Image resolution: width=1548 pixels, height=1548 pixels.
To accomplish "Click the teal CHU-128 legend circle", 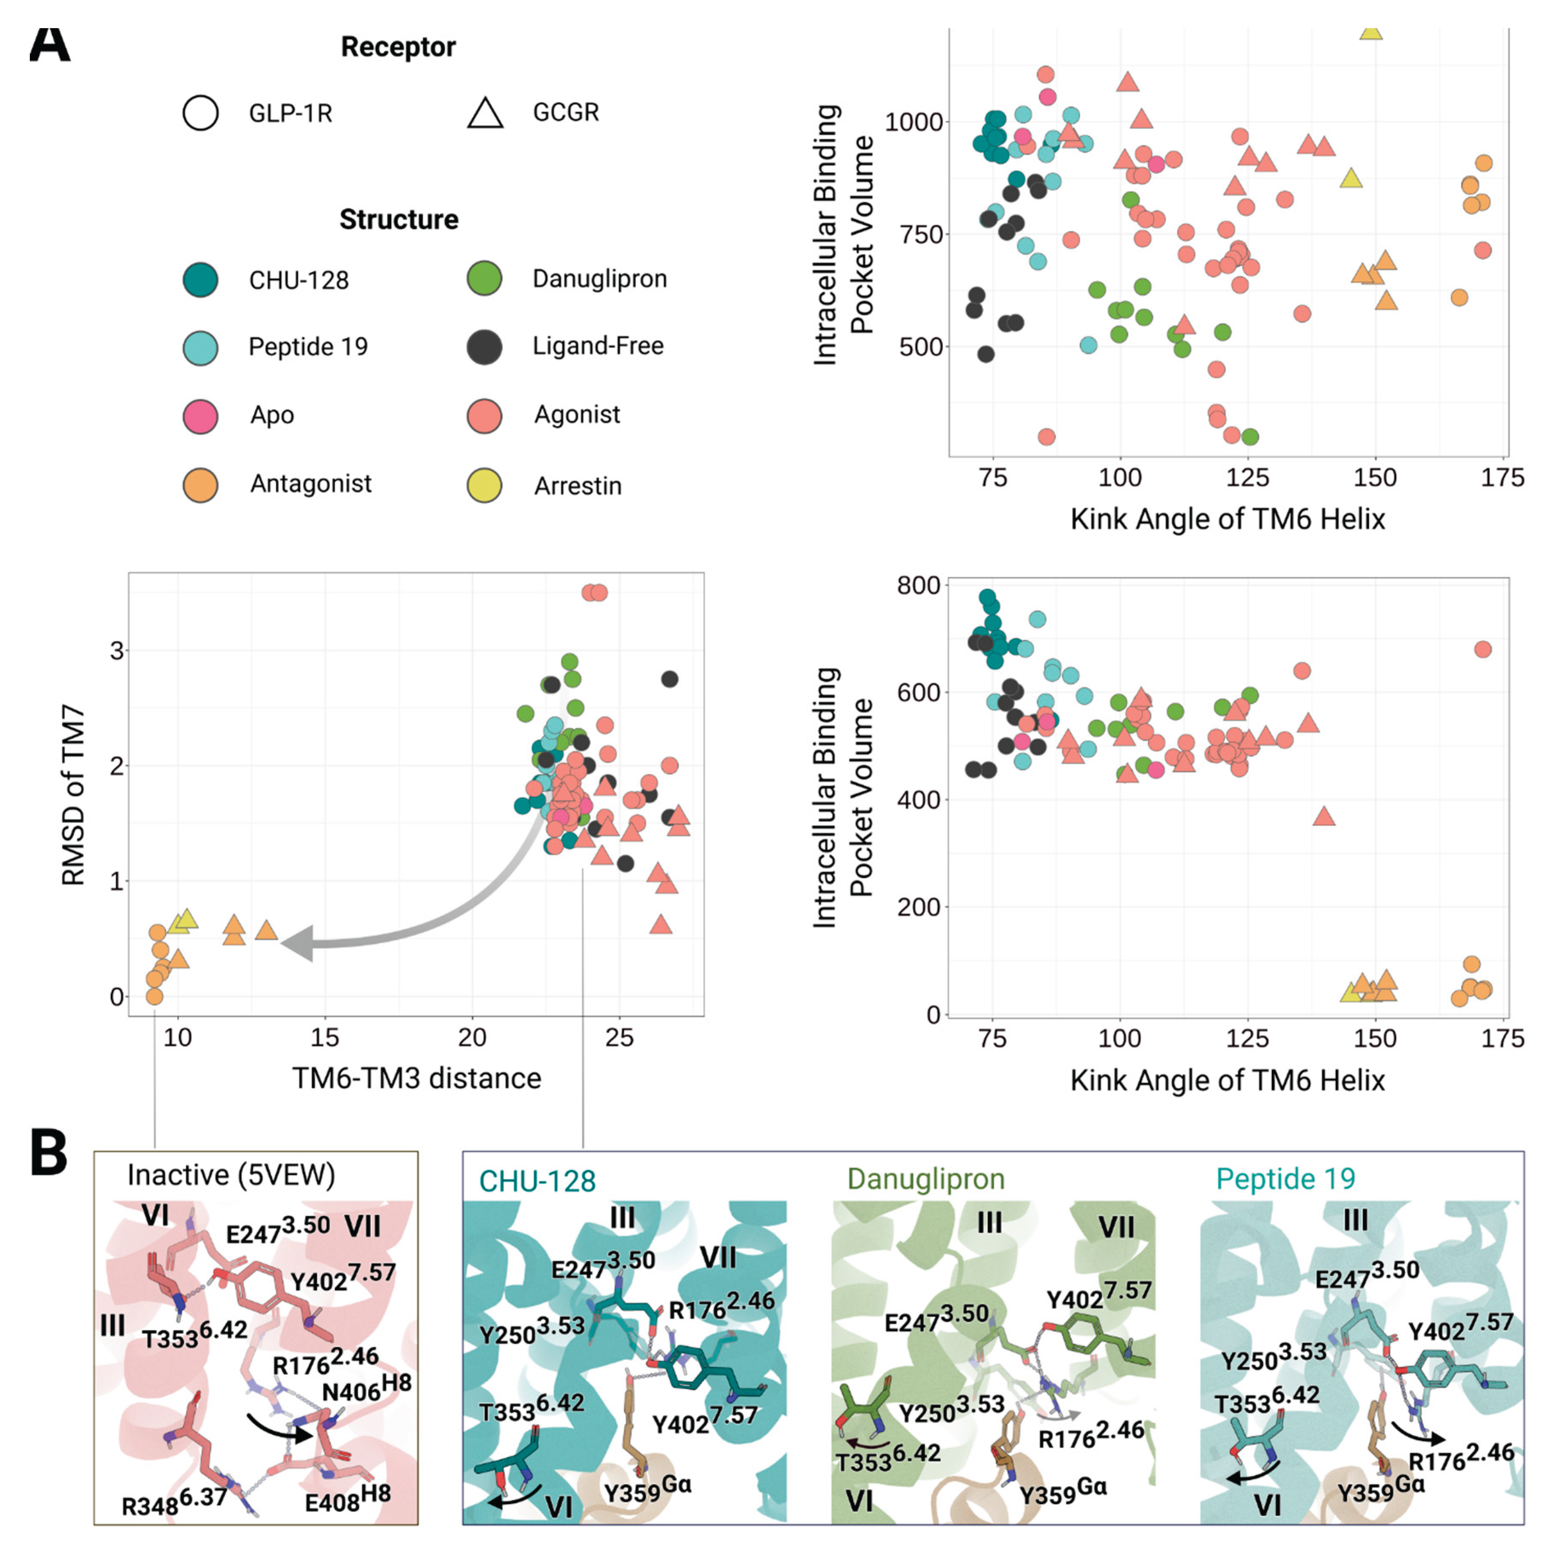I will pyautogui.click(x=200, y=280).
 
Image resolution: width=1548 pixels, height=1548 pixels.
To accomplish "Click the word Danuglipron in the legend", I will pyautogui.click(x=600, y=279).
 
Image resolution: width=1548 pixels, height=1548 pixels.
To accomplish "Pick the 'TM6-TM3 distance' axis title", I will pyautogui.click(x=417, y=1078).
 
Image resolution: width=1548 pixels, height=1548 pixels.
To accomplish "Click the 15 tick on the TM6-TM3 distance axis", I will pyautogui.click(x=325, y=1038).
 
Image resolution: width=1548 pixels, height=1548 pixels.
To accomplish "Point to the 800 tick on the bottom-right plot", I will pyautogui.click(x=918, y=586).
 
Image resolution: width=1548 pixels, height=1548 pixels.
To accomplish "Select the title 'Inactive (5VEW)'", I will pyautogui.click(x=231, y=1176).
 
